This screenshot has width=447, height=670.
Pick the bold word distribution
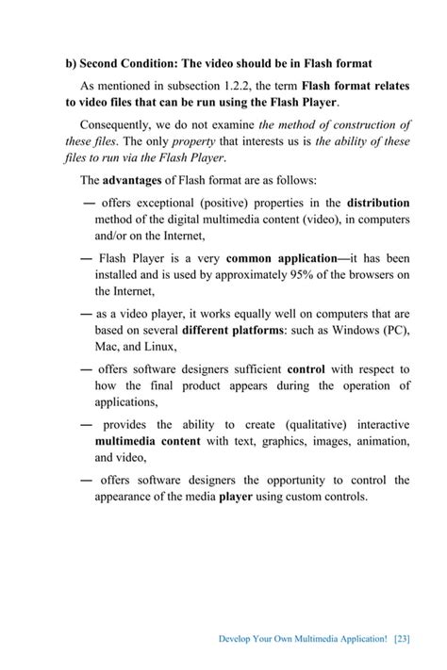[x=378, y=203]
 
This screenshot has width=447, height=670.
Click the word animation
[x=378, y=441]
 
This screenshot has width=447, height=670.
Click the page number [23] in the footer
[x=401, y=638]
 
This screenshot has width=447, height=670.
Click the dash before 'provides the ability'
[x=86, y=425]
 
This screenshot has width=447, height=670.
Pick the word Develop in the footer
[x=236, y=638]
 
